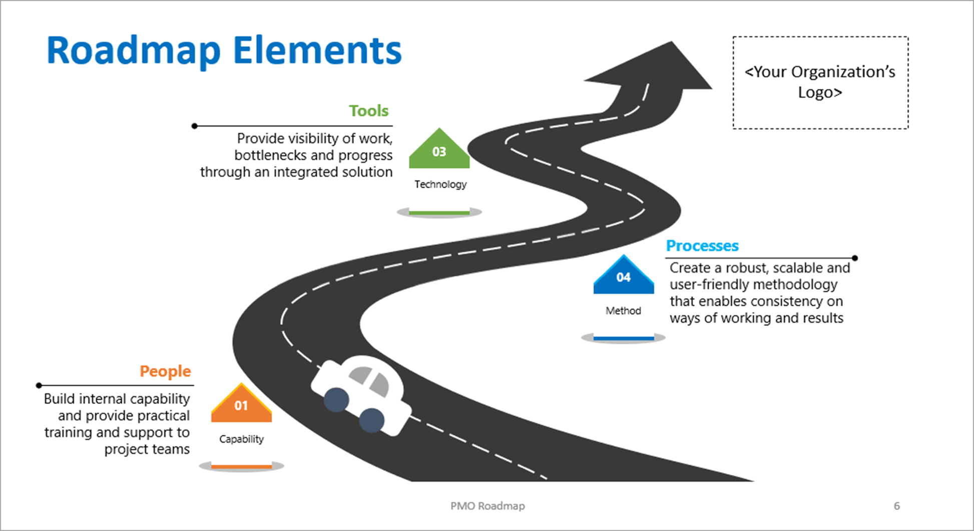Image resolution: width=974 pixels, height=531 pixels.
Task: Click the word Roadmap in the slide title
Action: point(133,52)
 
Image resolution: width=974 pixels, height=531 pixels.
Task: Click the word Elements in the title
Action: point(317,52)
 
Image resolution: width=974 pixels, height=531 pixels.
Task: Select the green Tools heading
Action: point(368,111)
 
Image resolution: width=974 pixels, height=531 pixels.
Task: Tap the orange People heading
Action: point(165,371)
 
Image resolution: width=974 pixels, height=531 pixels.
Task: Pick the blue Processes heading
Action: point(702,246)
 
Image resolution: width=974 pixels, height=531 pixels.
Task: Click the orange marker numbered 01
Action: point(241,405)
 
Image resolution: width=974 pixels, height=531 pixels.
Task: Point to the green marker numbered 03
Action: point(439,151)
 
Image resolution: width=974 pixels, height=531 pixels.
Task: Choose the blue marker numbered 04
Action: point(623,276)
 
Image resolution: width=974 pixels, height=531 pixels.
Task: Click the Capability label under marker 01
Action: point(241,439)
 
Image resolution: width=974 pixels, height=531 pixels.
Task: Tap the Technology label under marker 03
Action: point(440,184)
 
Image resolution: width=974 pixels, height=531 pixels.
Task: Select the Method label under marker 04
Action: point(623,311)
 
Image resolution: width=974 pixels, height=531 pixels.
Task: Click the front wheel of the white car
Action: point(371,420)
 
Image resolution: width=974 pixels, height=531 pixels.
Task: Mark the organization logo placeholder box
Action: point(820,83)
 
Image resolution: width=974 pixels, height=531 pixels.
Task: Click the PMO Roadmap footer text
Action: point(488,506)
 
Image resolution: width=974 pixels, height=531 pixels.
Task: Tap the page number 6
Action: point(896,506)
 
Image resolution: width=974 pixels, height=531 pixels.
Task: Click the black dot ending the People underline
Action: point(39,385)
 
